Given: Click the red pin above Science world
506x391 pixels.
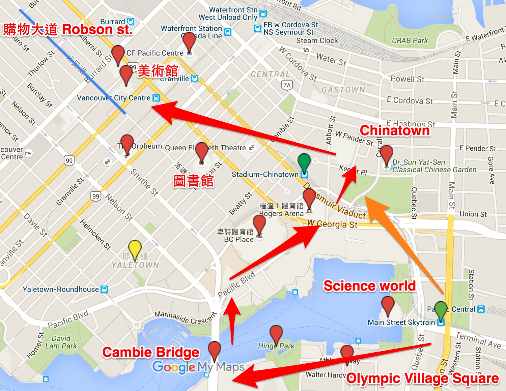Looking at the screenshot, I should tap(388, 304).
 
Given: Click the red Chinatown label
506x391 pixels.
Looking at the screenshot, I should tap(395, 130).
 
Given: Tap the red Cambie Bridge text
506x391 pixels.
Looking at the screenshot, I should tap(151, 353).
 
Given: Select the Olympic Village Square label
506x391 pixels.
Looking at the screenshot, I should tap(422, 378).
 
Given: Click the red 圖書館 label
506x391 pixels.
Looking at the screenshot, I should tap(193, 181).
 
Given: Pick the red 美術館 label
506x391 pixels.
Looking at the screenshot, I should tap(158, 71).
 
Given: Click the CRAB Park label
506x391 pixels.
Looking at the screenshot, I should tap(410, 40).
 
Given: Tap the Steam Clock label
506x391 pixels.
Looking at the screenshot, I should tap(317, 40).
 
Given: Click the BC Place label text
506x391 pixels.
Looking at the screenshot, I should tap(238, 239).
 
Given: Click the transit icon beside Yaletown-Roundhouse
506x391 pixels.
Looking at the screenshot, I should tap(105, 289).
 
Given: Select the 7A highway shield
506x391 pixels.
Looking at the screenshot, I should tap(287, 85).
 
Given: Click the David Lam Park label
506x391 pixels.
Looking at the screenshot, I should tap(61, 342).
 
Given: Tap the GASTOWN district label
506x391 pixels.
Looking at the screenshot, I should tap(343, 90).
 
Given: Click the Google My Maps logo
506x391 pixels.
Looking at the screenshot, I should tap(198, 367).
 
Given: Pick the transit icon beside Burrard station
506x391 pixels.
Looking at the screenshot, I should tap(131, 22).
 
